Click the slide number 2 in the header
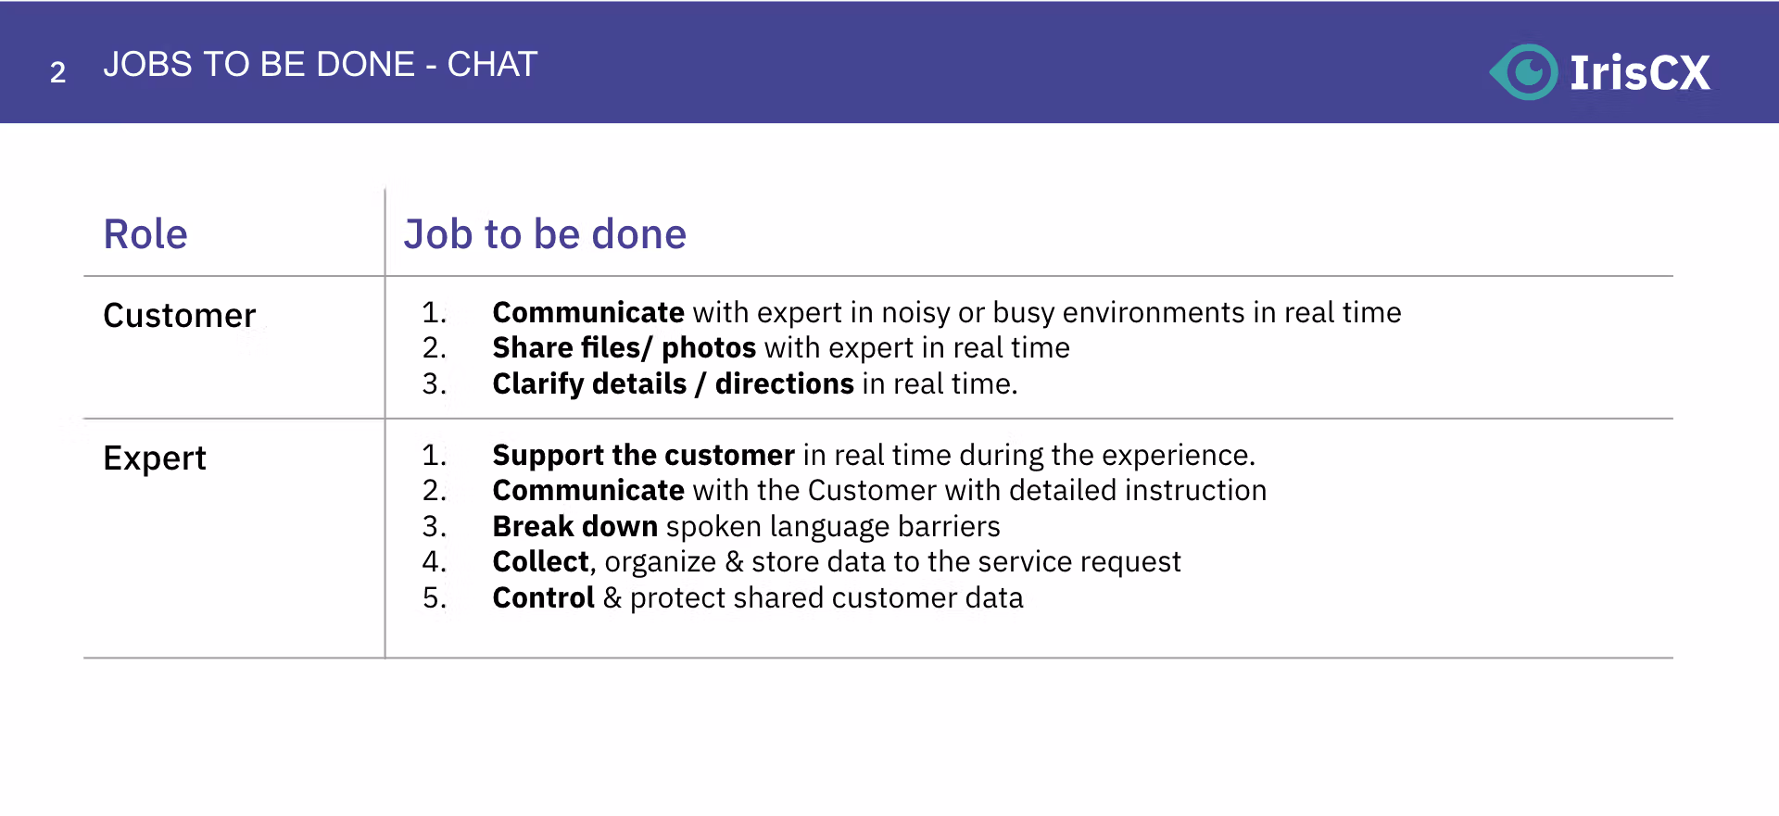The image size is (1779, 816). tap(57, 72)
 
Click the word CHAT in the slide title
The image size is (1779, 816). tap(492, 64)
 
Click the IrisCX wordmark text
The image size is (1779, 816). tap(1639, 72)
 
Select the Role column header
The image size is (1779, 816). tap(145, 233)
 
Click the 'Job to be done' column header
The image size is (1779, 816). tap(545, 233)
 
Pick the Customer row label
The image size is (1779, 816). tap(179, 316)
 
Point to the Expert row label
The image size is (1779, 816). tap(155, 458)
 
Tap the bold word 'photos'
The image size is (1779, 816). tap(709, 348)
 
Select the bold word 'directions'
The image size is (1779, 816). tap(784, 383)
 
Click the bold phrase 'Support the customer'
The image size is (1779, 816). tap(643, 456)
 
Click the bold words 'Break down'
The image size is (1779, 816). tap(574, 526)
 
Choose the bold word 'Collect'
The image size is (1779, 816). tap(541, 561)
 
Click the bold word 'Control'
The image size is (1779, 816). tap(543, 597)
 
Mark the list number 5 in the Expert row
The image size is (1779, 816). tap(434, 597)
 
